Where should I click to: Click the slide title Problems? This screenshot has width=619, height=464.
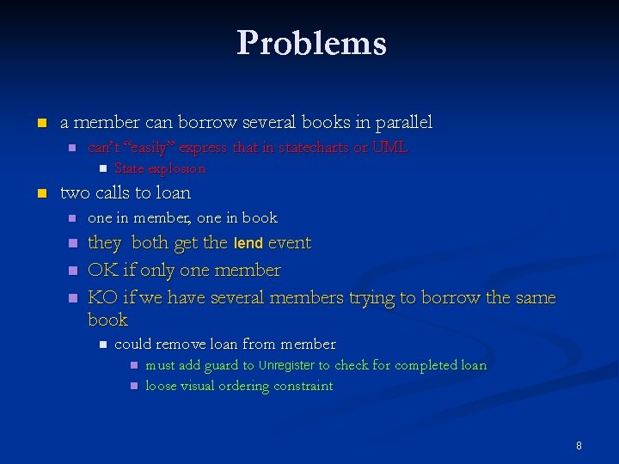(311, 43)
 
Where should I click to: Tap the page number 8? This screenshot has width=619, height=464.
(579, 445)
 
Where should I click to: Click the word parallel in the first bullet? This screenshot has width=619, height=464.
(401, 123)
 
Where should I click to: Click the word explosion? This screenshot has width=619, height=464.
(179, 169)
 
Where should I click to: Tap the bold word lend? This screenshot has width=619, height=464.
(249, 244)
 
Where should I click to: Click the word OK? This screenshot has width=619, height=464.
(102, 271)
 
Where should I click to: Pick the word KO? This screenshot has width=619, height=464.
(102, 298)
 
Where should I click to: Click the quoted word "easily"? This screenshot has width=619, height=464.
(150, 148)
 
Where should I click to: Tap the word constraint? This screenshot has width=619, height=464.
(303, 387)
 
